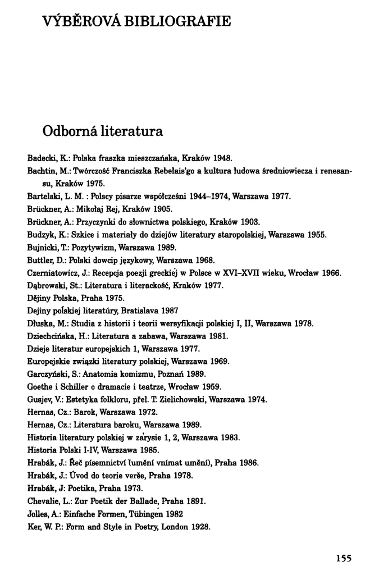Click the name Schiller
click(81, 387)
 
